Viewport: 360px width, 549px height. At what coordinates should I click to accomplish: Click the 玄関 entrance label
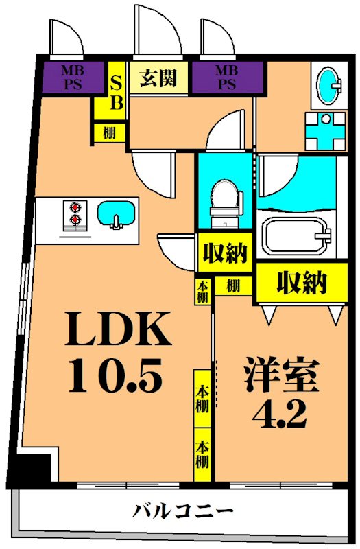click(x=158, y=77)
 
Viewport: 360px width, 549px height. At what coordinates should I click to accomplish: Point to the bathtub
click(x=297, y=237)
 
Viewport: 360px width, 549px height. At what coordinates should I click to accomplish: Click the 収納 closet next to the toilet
click(x=224, y=254)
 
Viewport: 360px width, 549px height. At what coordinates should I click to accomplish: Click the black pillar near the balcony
click(x=33, y=470)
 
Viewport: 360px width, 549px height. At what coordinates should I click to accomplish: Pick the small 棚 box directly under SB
click(x=110, y=132)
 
